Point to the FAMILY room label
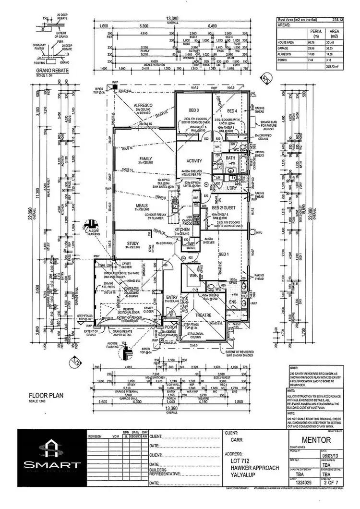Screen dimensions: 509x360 (145, 158)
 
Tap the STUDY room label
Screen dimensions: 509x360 (133, 243)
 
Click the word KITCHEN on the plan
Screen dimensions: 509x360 (182, 230)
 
